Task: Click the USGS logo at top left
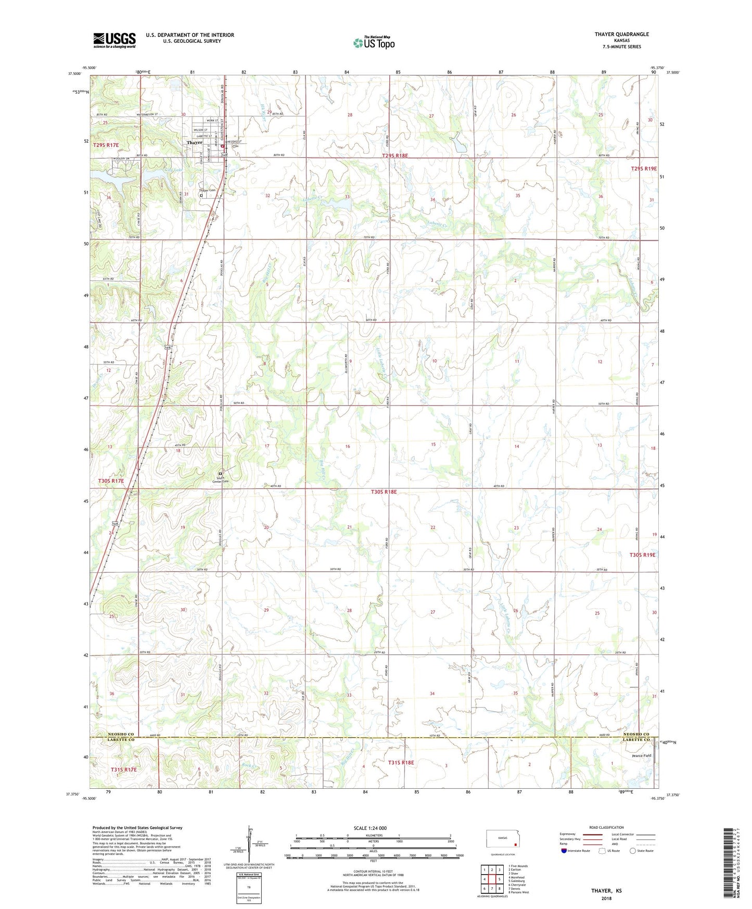tap(114, 40)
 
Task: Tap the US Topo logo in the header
tap(373, 43)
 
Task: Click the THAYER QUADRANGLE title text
tap(621, 34)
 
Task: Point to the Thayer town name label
tap(194, 143)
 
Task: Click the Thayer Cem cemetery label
tap(208, 191)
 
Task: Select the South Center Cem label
tap(220, 479)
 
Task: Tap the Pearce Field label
tap(641, 755)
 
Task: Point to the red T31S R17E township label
tap(123, 769)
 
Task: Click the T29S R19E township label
tap(644, 169)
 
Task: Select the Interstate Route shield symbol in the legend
tap(564, 851)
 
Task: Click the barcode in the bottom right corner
tap(730, 865)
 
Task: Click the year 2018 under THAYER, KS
tap(606, 898)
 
